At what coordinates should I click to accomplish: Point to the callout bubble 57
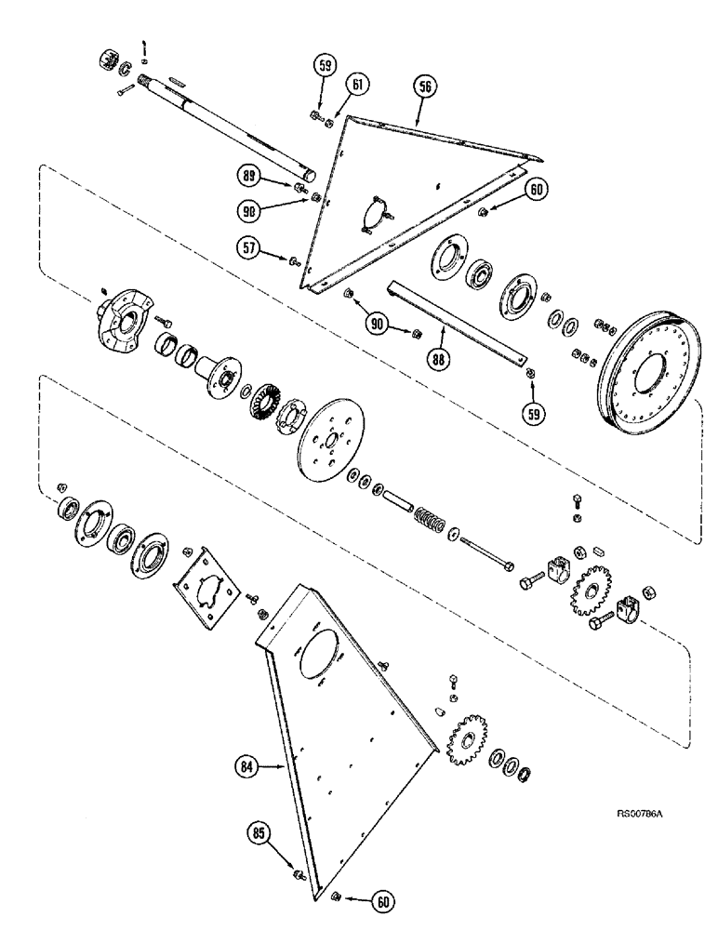(248, 248)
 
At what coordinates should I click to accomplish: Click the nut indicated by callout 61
(328, 123)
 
